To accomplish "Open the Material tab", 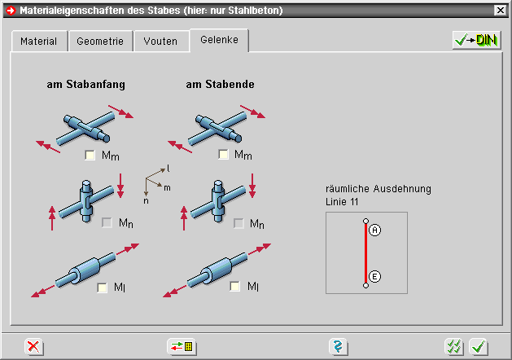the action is point(39,42).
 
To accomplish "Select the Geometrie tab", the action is point(100,42).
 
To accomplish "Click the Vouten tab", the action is point(161,42).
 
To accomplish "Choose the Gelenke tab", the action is point(219,40).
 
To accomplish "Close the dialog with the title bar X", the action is point(501,11).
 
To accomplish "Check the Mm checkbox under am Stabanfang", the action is point(90,155).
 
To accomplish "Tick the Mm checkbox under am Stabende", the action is point(223,154).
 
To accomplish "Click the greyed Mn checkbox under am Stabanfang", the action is point(107,223).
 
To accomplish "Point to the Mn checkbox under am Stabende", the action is point(238,223).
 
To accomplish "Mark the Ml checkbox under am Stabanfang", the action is point(103,288).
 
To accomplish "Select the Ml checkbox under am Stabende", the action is point(234,287).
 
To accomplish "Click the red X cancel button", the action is point(33,347).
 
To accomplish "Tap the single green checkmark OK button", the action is point(479,347).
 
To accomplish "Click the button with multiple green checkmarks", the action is point(454,347).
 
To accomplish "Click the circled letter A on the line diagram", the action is point(375,230).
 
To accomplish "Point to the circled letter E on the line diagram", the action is point(374,277).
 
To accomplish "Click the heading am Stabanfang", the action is point(86,84).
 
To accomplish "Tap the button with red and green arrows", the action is point(182,347).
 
